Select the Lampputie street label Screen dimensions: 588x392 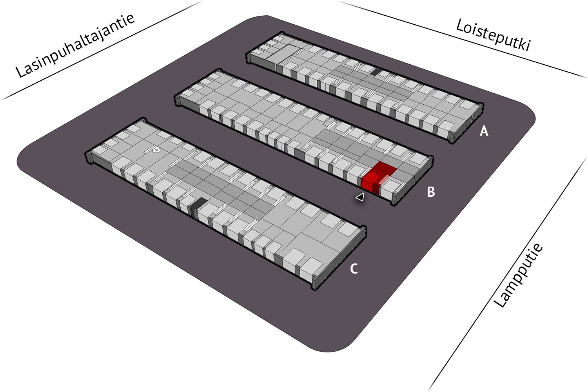[x=518, y=276]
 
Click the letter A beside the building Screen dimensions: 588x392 [x=484, y=131]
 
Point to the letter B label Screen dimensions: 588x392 [x=431, y=192]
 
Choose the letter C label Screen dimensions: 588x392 [x=354, y=269]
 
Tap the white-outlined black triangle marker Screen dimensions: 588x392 [x=360, y=197]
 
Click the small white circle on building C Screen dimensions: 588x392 [x=157, y=150]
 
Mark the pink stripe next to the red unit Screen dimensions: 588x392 [x=384, y=180]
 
